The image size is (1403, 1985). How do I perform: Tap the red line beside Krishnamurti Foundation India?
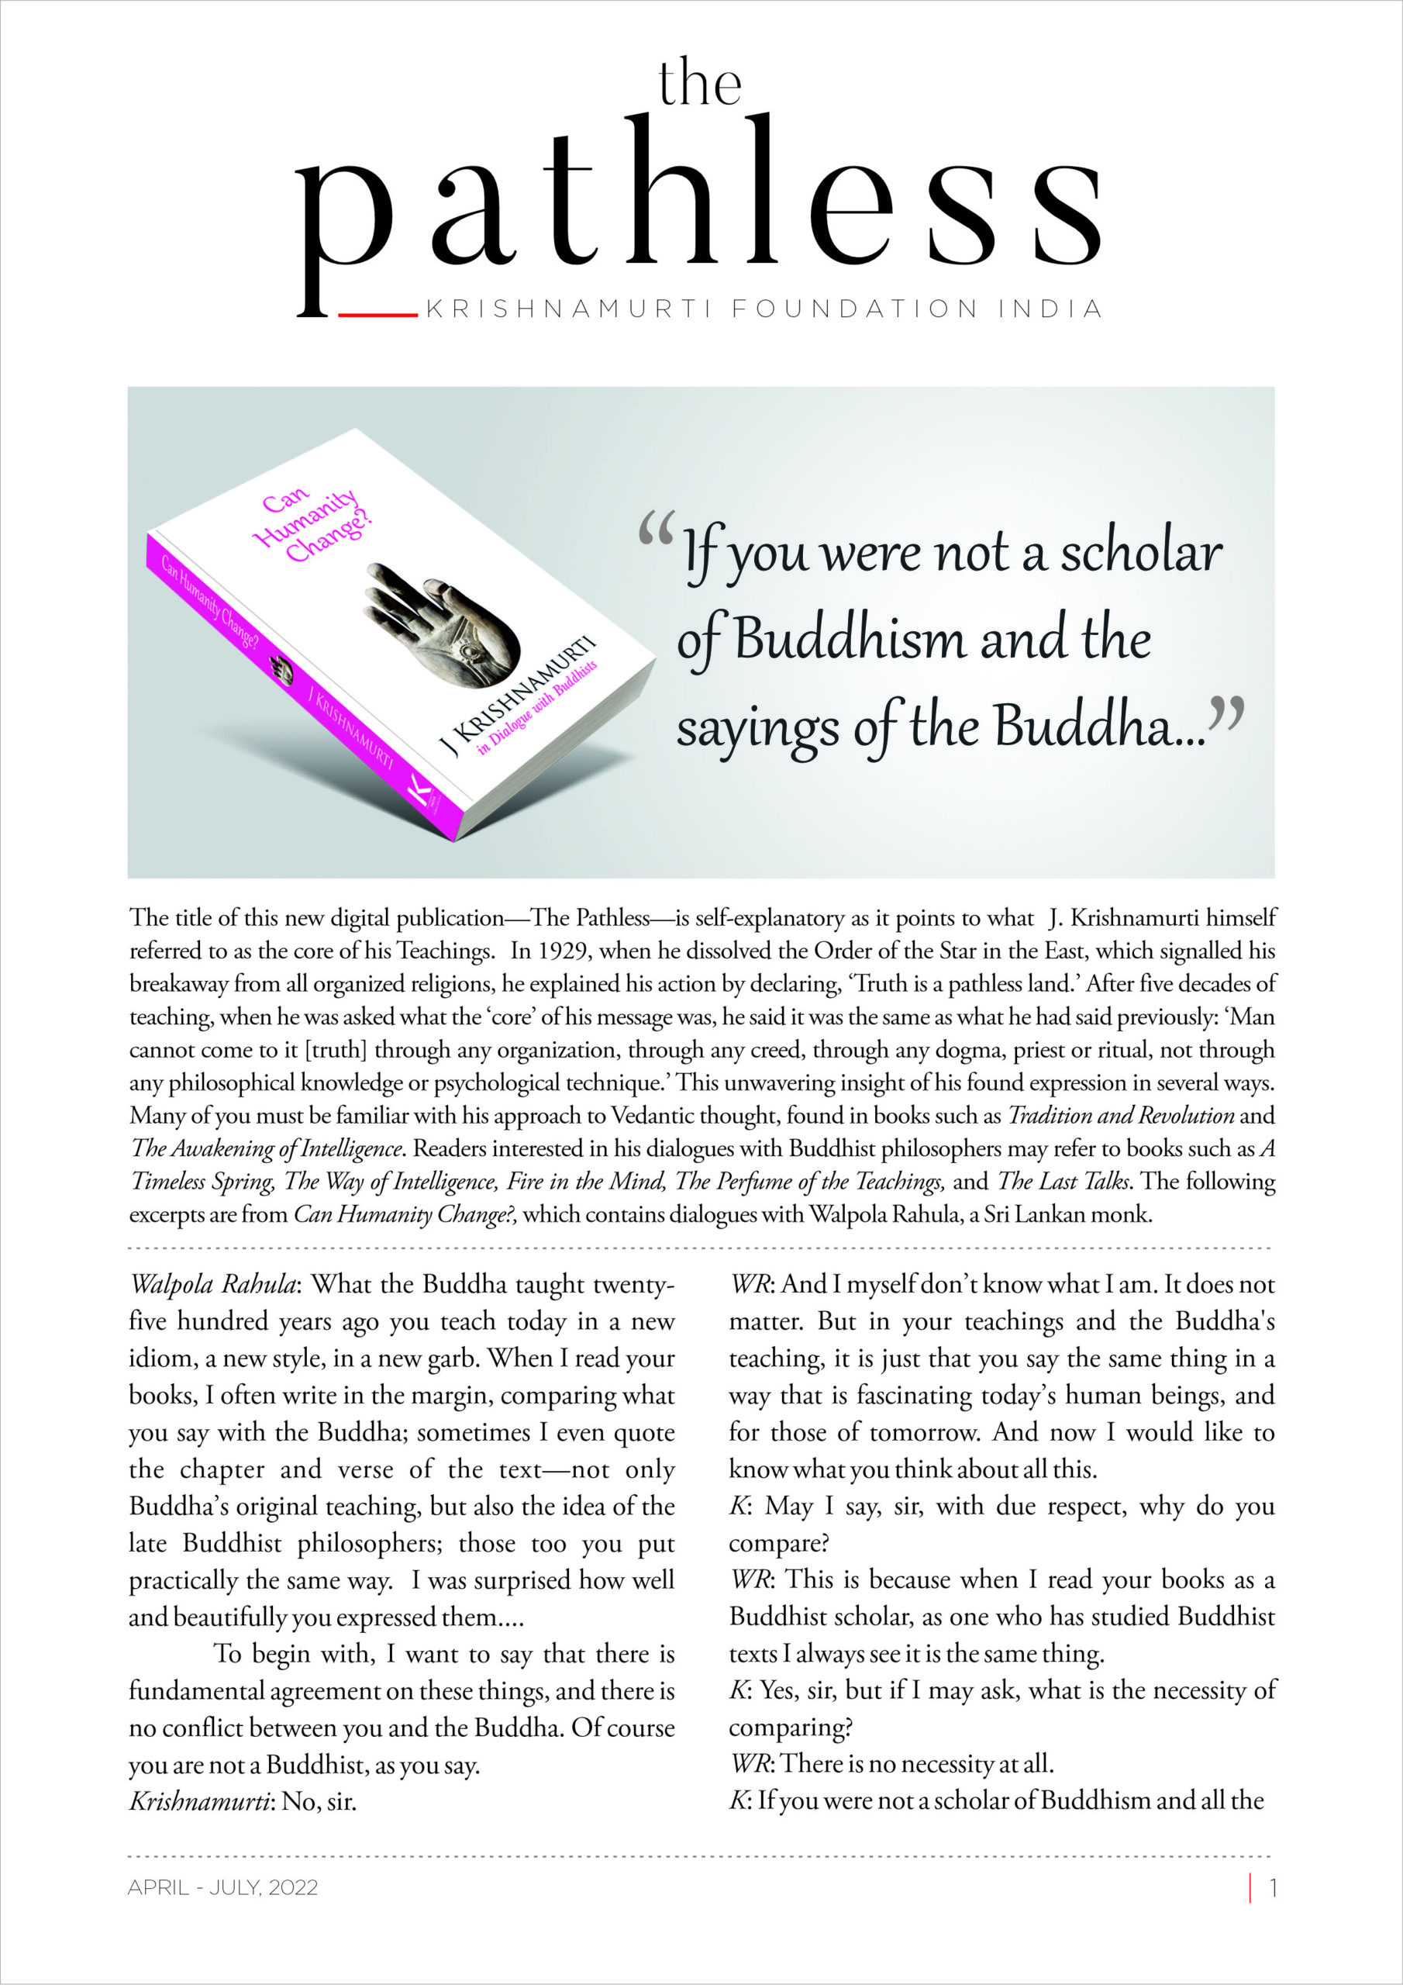(377, 315)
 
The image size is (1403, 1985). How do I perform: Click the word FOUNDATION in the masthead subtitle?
(855, 309)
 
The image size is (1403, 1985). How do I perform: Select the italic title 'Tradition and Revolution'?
(1120, 1115)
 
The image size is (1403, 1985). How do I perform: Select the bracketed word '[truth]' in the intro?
(336, 1050)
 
